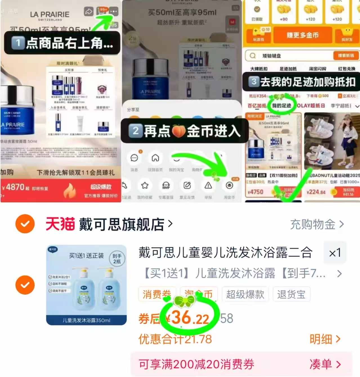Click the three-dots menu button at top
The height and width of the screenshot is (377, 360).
(113, 12)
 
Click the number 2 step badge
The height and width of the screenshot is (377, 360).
(135, 131)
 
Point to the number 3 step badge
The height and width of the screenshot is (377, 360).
(254, 82)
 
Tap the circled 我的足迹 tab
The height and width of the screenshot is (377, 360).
(281, 105)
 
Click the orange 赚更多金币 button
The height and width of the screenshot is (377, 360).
(303, 35)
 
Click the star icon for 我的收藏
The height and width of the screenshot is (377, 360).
(145, 186)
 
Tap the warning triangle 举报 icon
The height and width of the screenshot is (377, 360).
(208, 186)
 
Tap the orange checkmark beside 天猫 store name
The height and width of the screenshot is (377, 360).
(25, 224)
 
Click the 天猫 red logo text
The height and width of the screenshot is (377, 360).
(60, 224)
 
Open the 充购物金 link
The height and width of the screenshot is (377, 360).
(317, 224)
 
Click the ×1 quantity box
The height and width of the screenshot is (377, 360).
(335, 253)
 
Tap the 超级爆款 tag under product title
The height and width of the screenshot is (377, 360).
(245, 294)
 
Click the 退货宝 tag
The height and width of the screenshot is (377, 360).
(291, 294)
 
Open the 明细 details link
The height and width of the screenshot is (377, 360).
(325, 339)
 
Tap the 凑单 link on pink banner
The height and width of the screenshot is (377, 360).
(325, 364)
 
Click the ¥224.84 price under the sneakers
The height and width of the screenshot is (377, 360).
(316, 192)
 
